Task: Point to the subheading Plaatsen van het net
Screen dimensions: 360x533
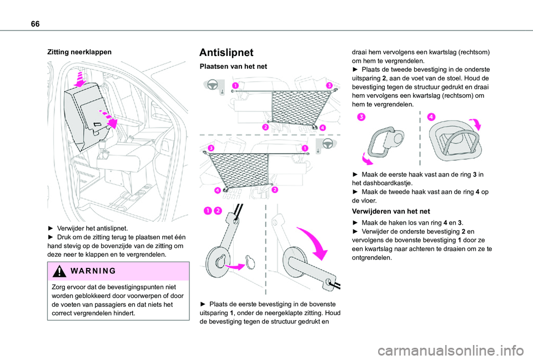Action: pos(233,67)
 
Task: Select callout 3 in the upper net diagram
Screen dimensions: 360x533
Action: pos(329,85)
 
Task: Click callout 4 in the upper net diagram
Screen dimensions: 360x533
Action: pos(323,128)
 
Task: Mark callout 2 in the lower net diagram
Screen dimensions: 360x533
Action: pos(275,190)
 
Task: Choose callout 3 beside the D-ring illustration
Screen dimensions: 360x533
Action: pos(361,116)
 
